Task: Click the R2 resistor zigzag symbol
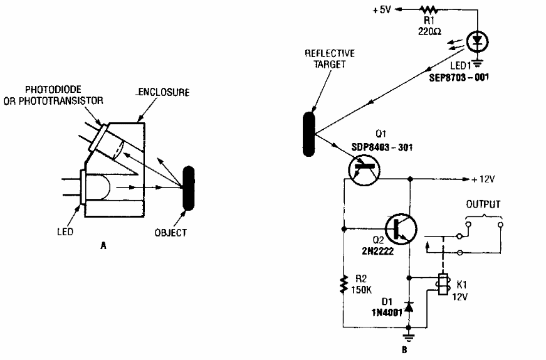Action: click(x=344, y=283)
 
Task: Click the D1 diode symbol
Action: click(x=409, y=307)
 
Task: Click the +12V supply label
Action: click(x=483, y=179)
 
